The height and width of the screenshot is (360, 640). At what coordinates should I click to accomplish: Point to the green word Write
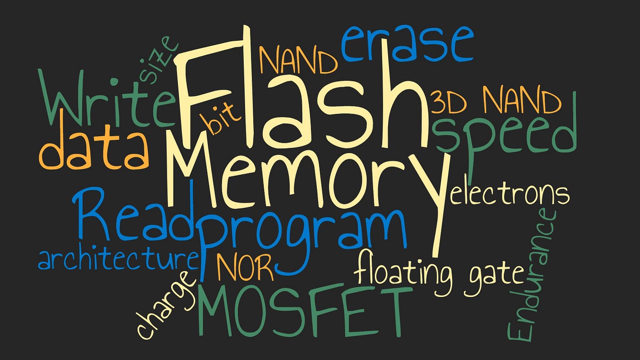point(107,99)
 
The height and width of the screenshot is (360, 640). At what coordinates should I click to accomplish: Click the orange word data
point(94,150)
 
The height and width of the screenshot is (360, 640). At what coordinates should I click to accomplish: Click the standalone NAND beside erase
point(299,60)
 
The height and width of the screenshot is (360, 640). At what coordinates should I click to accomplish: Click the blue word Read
point(134,213)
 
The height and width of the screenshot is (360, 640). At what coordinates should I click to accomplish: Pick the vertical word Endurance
point(531,274)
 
